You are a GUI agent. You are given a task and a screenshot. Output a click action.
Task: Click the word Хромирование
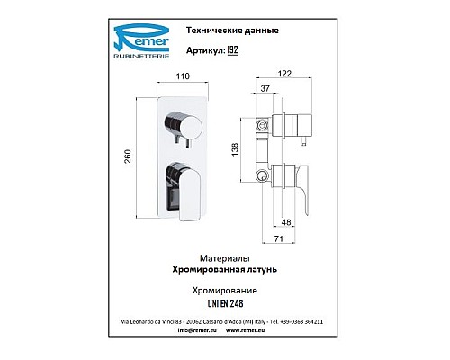coord(222,292)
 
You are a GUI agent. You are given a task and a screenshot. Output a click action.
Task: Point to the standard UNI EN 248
coord(222,305)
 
